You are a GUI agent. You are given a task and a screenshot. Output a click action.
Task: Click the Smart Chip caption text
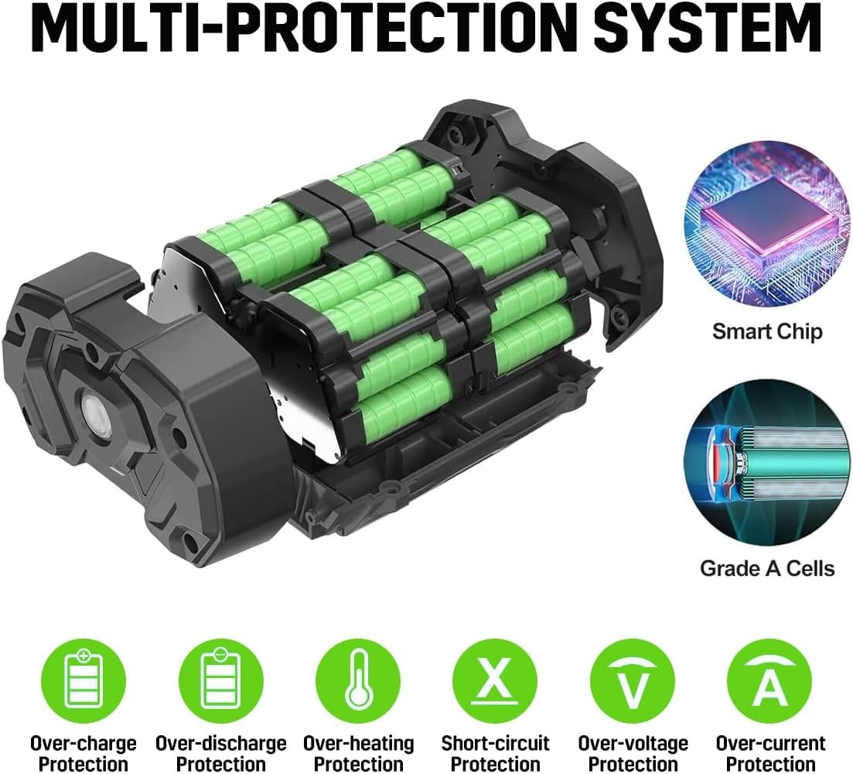pyautogui.click(x=767, y=331)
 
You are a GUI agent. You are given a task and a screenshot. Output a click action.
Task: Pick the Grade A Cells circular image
pyautogui.click(x=767, y=463)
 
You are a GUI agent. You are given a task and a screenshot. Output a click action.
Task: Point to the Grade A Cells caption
pyautogui.click(x=767, y=568)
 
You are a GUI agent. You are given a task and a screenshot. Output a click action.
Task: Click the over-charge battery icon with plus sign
pyautogui.click(x=84, y=681)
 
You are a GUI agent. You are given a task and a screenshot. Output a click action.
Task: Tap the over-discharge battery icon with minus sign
pyautogui.click(x=220, y=681)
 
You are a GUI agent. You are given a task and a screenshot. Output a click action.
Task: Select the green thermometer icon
pyautogui.click(x=358, y=681)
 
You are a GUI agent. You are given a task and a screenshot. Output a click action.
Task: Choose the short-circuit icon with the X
pyautogui.click(x=495, y=681)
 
